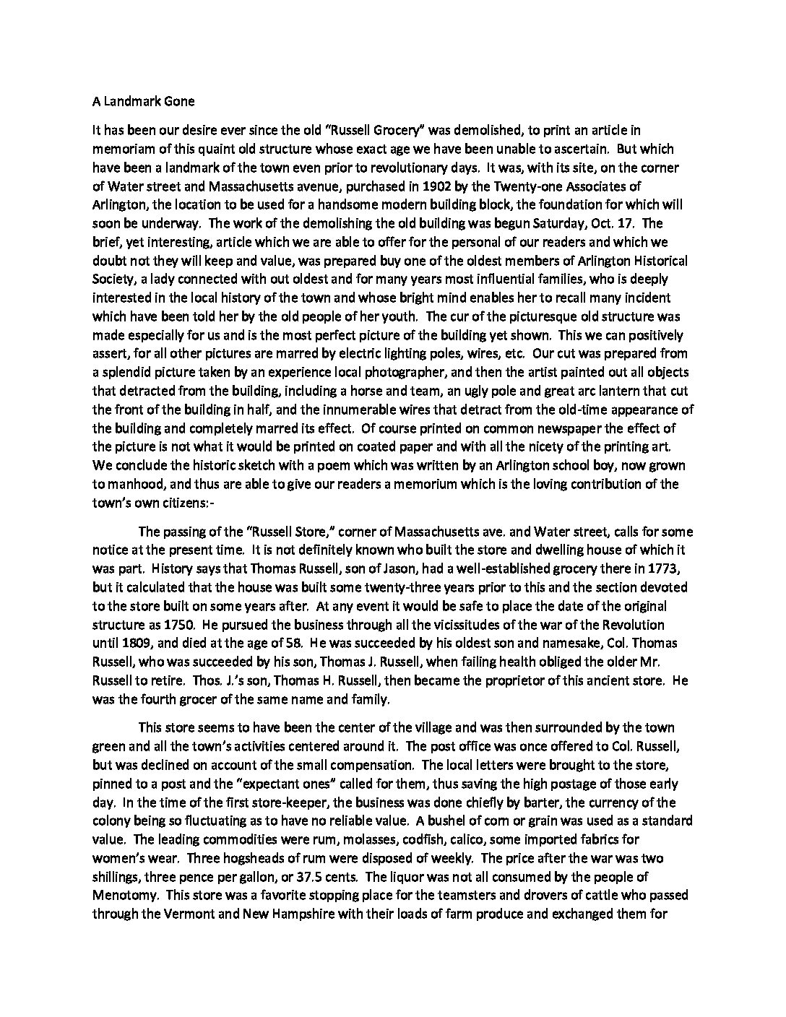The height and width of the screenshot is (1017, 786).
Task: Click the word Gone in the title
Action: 180,101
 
